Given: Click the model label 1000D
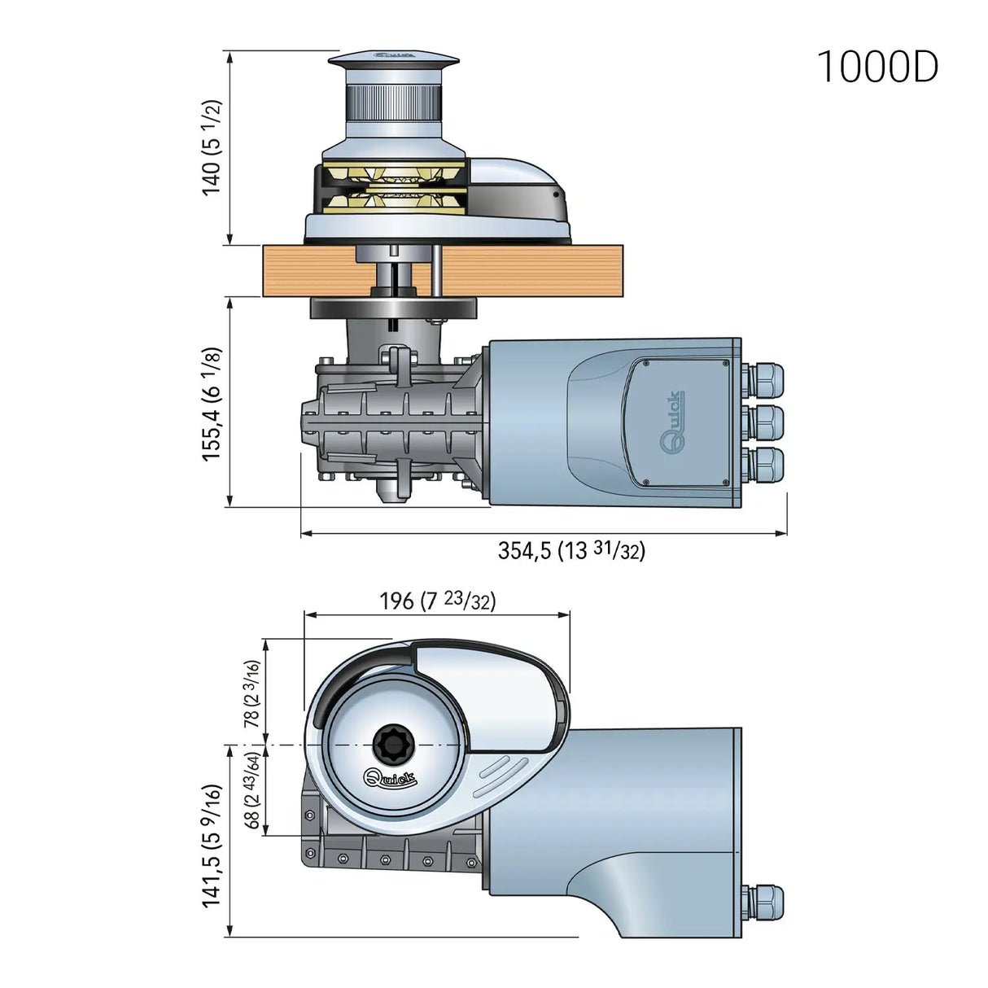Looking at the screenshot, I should (x=877, y=67).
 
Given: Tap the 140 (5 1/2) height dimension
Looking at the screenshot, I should (x=212, y=147).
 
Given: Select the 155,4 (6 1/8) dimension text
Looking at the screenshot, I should (x=212, y=404).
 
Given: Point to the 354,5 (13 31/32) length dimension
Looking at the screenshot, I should (x=571, y=551).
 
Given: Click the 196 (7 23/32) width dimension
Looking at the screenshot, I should (x=437, y=601).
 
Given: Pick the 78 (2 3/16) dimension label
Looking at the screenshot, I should (x=252, y=693).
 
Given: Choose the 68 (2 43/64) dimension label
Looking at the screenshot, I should (x=253, y=791).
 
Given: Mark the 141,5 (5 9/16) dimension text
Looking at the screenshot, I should (x=212, y=846).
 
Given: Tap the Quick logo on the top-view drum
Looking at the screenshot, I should (x=390, y=779).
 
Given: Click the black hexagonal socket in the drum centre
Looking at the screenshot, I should (x=394, y=743).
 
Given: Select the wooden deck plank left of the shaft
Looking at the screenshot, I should (x=309, y=271).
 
